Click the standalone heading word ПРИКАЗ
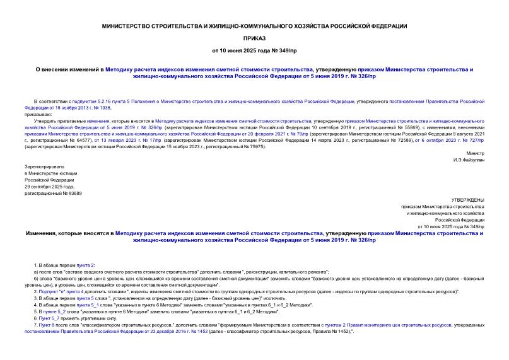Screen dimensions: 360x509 click(254, 37)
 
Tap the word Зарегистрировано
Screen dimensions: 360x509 click(41, 166)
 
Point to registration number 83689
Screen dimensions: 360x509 click(73, 193)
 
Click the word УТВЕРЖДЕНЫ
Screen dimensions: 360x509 click(469, 199)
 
